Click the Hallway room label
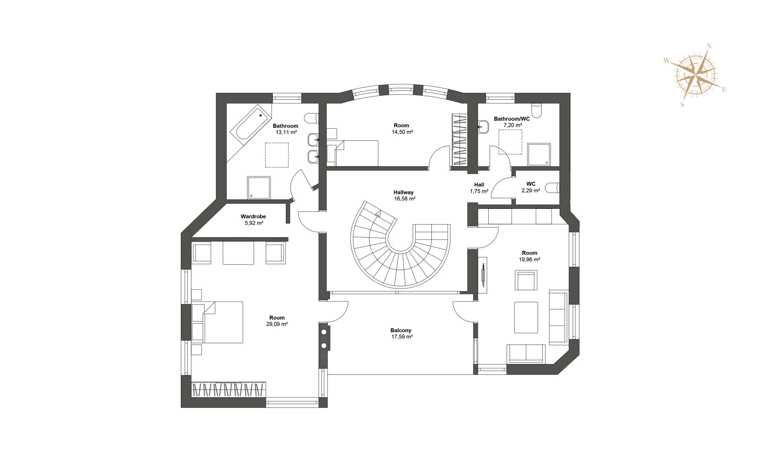coord(403,192)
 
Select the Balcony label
coord(401,330)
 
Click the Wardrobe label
coord(253,216)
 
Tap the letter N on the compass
coord(709,46)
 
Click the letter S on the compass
coord(683,105)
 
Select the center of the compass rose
coord(695,75)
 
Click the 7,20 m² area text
coord(513,125)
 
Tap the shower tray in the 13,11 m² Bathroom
coord(259,188)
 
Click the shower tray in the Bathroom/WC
coord(539,154)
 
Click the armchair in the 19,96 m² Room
coord(526,280)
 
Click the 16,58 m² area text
coord(405,199)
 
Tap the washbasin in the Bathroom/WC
coord(483,127)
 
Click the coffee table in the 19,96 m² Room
coord(526,318)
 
